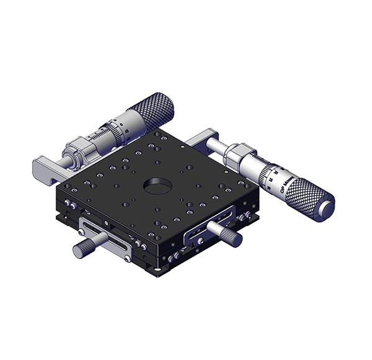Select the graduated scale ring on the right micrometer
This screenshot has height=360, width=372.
point(273,177)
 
